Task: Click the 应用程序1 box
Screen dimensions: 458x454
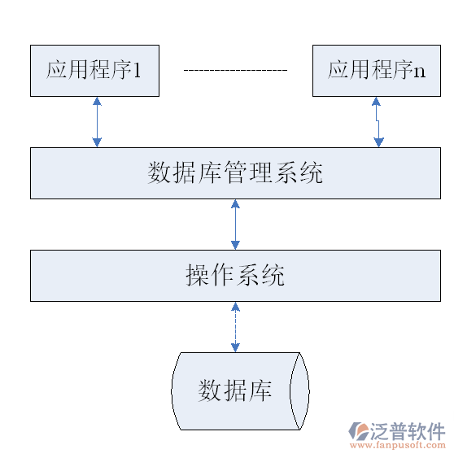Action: click(94, 70)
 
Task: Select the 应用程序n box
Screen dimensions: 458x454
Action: click(377, 70)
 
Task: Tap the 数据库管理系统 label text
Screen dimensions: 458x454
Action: click(235, 173)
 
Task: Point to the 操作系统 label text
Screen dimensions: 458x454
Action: click(235, 276)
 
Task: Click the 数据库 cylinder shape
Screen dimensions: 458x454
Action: click(236, 391)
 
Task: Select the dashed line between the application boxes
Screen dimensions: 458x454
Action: click(235, 71)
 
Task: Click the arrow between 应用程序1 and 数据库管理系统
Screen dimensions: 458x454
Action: click(97, 122)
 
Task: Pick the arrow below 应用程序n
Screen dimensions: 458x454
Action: click(378, 122)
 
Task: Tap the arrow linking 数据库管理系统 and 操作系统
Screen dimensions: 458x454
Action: click(235, 225)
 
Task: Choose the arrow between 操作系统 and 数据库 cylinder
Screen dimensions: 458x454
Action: click(235, 327)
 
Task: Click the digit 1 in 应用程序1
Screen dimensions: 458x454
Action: click(138, 70)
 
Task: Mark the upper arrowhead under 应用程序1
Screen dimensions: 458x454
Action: click(97, 102)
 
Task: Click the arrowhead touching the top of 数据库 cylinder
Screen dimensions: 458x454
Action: click(235, 347)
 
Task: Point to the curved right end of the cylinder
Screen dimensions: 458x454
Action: click(303, 391)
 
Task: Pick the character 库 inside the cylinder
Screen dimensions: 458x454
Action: click(260, 390)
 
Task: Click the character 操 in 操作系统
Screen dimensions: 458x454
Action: click(198, 276)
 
